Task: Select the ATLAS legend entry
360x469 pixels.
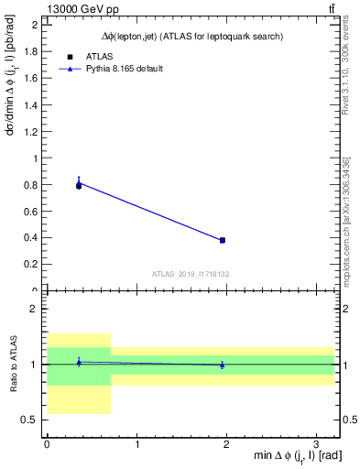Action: tap(100, 56)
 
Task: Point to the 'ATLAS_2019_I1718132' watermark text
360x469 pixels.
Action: tap(191, 273)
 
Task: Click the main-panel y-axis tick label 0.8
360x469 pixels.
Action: tap(31, 185)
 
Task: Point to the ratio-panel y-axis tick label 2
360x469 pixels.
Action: tap(36, 310)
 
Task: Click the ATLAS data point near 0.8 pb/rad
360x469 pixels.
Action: tap(79, 186)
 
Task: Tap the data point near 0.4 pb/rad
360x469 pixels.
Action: tap(223, 240)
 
